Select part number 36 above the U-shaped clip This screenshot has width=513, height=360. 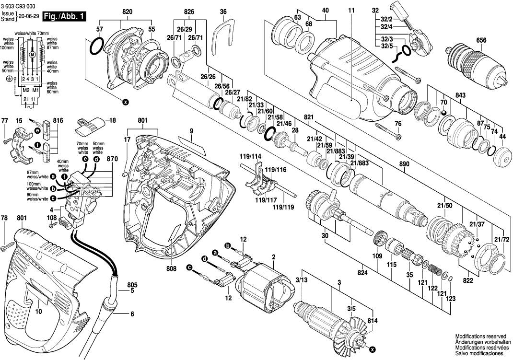[x=223, y=11]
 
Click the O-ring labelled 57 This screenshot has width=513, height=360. [x=96, y=47]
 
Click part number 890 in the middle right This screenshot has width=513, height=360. [x=405, y=164]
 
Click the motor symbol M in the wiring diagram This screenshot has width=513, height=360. [x=32, y=55]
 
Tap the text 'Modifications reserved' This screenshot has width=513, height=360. [x=479, y=337]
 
